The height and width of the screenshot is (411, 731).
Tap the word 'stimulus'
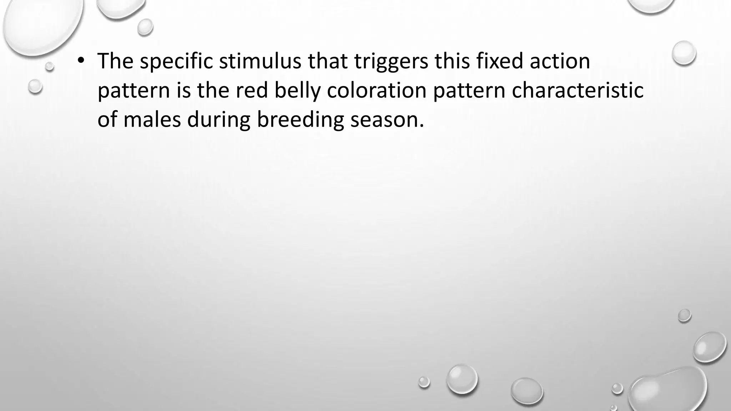point(260,61)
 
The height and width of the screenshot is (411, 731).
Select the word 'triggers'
point(391,61)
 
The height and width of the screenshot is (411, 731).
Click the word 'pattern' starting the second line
point(133,91)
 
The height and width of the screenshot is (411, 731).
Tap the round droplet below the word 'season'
point(462,379)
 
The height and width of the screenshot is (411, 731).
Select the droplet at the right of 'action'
point(684,53)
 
